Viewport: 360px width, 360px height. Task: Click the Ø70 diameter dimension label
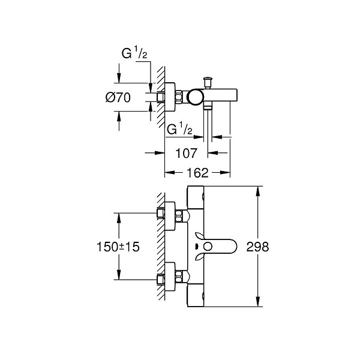click(118, 98)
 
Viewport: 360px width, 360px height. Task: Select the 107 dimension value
click(186, 153)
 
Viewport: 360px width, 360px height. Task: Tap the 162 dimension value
click(197, 173)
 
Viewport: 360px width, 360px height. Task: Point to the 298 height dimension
click(257, 247)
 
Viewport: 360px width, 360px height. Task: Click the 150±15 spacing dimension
click(118, 247)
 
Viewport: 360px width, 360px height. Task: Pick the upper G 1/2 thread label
click(134, 52)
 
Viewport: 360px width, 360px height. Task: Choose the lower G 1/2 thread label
click(179, 128)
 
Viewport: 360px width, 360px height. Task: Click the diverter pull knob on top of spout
click(208, 82)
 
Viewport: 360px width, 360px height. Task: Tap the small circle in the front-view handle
click(208, 247)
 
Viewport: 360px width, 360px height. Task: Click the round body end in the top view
click(196, 97)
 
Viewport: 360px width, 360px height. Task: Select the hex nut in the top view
click(179, 97)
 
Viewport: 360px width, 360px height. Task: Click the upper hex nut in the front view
click(179, 216)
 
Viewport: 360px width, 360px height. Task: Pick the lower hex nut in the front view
click(179, 277)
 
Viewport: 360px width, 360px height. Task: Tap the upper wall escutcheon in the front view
click(170, 216)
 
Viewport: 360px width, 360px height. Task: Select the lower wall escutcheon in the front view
click(170, 277)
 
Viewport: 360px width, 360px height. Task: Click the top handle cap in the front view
click(196, 197)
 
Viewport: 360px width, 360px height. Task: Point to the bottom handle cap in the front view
click(196, 295)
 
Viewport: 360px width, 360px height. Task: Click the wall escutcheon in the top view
click(170, 97)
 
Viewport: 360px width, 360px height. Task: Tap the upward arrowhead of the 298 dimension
click(258, 191)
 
